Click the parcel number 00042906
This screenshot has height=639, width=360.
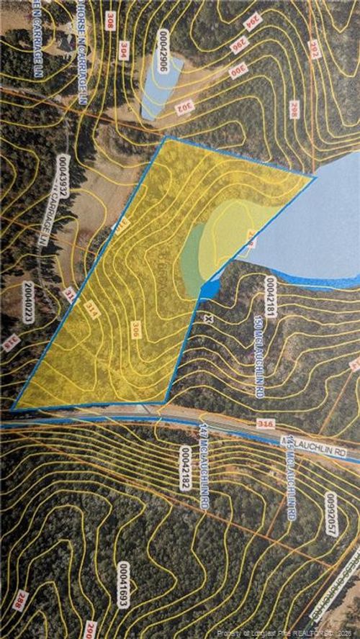click(x=165, y=47)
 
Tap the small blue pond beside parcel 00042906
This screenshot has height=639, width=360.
click(x=160, y=86)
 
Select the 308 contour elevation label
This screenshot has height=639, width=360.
click(x=110, y=20)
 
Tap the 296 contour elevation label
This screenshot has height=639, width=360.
click(x=238, y=45)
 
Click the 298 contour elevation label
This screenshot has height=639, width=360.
click(x=293, y=109)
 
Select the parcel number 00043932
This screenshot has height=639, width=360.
click(x=64, y=176)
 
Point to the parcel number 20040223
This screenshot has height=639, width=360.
click(x=28, y=302)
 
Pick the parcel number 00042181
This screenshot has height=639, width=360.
click(x=271, y=297)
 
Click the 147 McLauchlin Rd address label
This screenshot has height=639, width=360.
click(x=204, y=465)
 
